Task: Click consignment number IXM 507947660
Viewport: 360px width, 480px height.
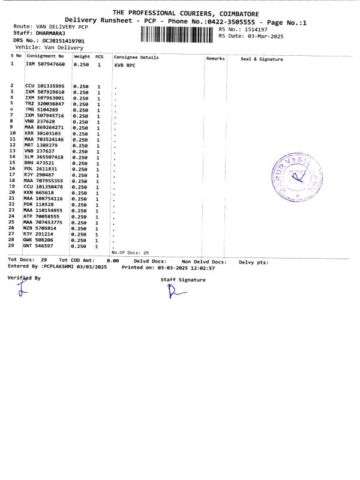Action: [x=45, y=63]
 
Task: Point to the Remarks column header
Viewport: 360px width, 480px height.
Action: [x=215, y=58]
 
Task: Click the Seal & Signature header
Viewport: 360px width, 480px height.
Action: [x=262, y=59]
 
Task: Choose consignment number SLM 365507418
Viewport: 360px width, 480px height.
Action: [x=45, y=157]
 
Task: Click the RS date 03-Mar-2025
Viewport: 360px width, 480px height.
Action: [x=265, y=36]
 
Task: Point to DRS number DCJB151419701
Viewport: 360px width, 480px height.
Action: [x=59, y=40]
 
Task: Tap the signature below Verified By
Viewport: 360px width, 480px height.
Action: [x=23, y=291]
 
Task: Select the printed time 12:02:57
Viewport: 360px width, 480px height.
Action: [x=202, y=268]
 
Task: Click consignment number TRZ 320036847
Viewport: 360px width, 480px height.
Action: [x=45, y=104]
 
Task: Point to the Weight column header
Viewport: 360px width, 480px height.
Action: [x=82, y=56]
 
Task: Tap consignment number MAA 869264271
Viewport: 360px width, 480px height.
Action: [x=45, y=127]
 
